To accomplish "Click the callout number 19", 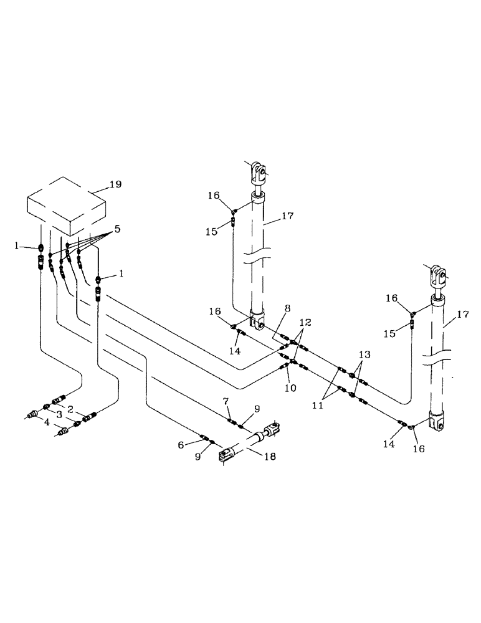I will [x=115, y=184].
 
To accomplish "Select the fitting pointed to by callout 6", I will [x=204, y=437].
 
